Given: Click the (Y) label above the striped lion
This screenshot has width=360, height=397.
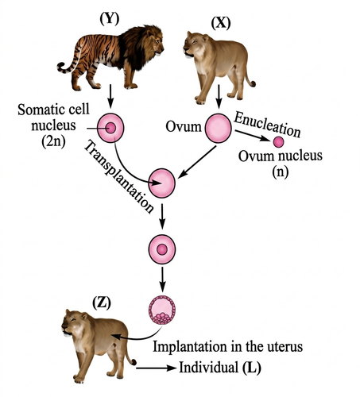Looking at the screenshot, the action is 110,19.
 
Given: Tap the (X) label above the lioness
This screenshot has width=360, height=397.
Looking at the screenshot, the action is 221,23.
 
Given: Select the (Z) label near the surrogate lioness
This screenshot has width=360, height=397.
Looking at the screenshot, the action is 102,303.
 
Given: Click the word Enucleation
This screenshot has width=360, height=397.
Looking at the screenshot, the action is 267,125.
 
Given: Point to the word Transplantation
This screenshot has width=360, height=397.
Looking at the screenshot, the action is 118,177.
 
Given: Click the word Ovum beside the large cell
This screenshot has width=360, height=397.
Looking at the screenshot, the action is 184,127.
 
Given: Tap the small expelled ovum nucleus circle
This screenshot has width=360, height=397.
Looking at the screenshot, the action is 278,142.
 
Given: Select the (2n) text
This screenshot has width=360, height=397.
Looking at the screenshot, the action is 53,141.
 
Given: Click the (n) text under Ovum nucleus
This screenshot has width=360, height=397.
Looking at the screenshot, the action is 281,172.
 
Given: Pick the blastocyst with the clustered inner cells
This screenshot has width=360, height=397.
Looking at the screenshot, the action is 162,310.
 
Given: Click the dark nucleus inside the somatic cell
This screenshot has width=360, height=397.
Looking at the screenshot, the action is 110,129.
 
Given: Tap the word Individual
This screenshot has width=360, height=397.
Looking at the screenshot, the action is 208,368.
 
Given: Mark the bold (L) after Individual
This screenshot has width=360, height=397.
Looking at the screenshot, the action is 252,368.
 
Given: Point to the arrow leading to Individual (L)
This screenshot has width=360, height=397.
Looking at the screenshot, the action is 157,368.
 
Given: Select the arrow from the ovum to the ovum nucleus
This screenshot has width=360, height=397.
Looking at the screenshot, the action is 252,136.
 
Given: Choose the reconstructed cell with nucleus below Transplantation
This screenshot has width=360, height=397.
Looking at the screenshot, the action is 162,249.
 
